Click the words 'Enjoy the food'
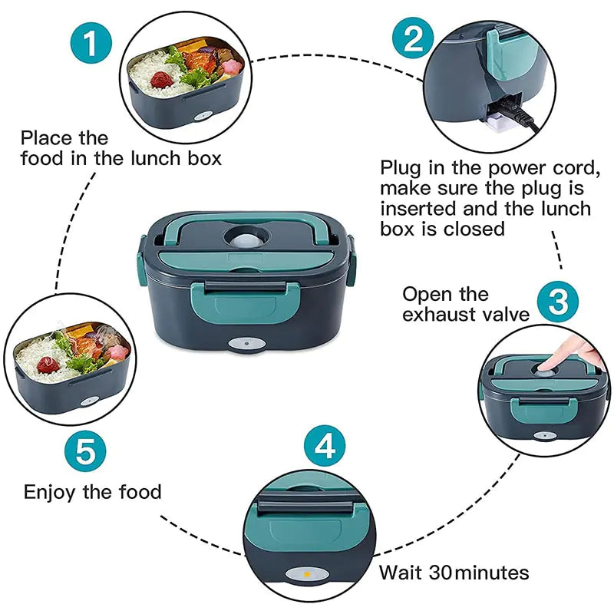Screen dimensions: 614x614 click(x=93, y=492)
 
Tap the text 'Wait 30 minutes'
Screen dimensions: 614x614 click(x=454, y=573)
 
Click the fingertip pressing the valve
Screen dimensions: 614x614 click(x=550, y=363)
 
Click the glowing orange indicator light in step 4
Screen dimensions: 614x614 click(x=305, y=573)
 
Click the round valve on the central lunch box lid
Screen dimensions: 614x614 click(x=245, y=237)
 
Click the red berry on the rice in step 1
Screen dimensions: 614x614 click(x=160, y=79)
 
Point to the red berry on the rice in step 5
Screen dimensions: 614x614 click(x=48, y=363)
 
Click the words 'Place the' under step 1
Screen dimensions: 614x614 click(x=64, y=138)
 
